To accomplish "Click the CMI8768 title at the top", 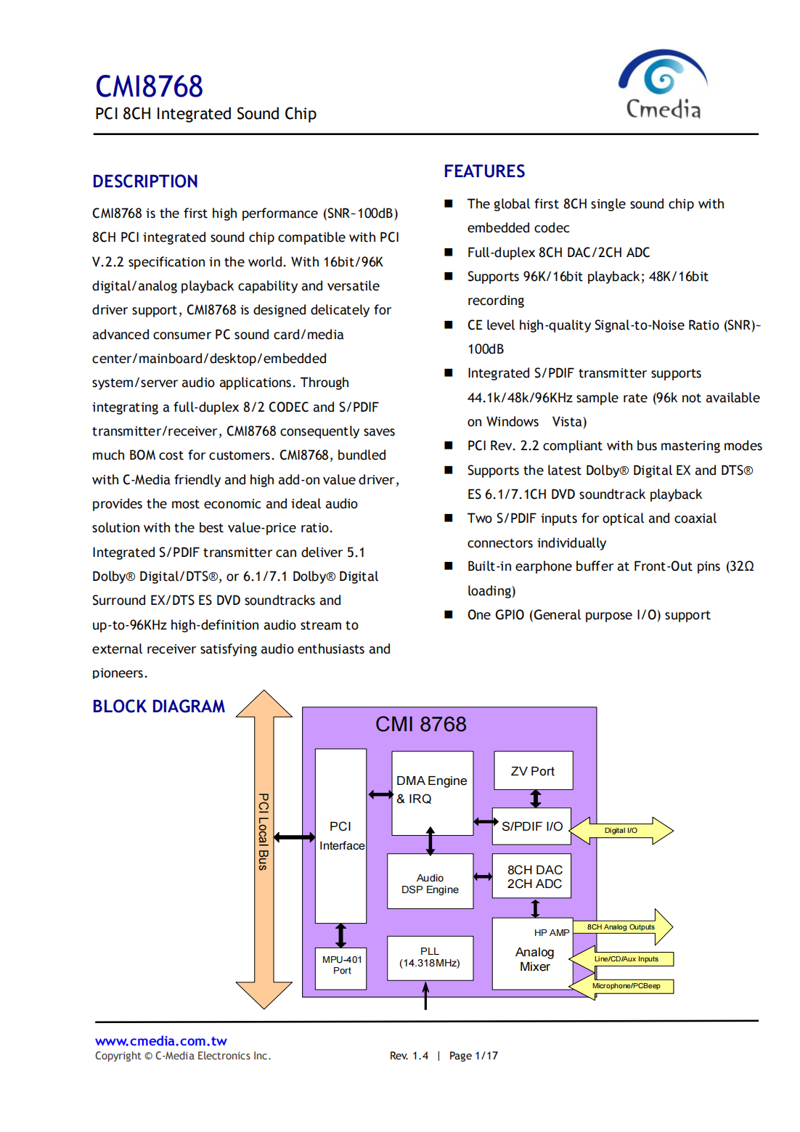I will (x=149, y=87).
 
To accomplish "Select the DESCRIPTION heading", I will (x=145, y=182).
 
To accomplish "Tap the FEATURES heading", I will (x=484, y=171).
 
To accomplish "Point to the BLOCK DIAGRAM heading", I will (x=158, y=707).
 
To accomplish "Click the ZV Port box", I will (x=533, y=771).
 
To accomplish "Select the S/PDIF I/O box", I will (x=531, y=826).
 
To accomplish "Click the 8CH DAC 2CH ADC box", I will (x=534, y=876).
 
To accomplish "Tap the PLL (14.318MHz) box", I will (x=430, y=958).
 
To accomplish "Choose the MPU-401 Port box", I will (x=341, y=966).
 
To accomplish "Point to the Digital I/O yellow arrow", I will (x=622, y=831).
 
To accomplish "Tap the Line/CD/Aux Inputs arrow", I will (x=625, y=959).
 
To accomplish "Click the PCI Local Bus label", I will (x=264, y=831).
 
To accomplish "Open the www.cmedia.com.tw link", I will (x=161, y=1041).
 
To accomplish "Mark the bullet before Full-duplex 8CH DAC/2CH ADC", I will (x=449, y=252).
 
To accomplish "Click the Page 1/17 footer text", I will (x=473, y=1056).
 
